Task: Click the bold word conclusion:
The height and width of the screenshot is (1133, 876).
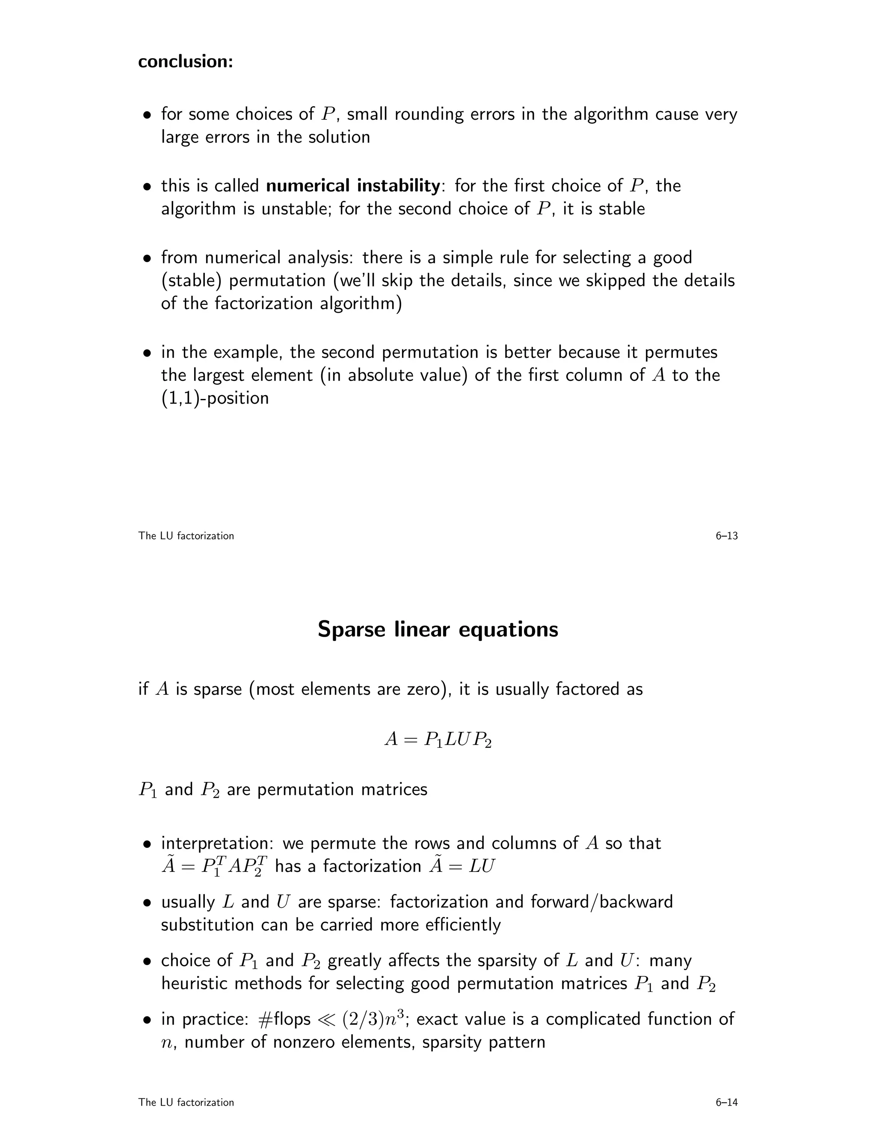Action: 185,61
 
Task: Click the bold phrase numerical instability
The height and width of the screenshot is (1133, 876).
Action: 353,185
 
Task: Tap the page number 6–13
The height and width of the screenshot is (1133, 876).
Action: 726,536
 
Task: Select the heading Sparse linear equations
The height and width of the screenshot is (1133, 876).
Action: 438,629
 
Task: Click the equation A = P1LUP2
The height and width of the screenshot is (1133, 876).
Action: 438,739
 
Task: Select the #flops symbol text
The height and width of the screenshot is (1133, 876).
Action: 284,1019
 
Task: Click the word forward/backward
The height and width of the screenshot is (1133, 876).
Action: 601,902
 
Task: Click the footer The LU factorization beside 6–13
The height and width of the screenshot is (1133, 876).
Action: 186,536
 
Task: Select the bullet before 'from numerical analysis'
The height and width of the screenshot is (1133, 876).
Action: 148,258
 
